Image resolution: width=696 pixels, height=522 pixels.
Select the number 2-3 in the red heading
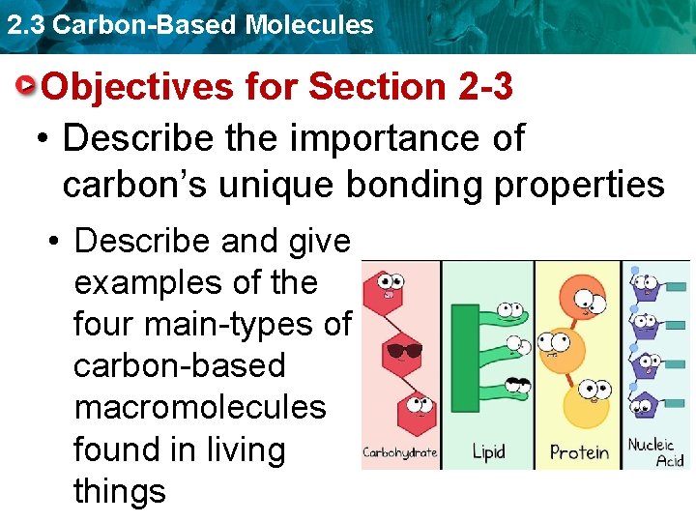coord(480,87)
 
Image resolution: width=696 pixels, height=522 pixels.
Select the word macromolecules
coord(200,407)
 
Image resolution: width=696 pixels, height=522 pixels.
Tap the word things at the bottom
coord(119,491)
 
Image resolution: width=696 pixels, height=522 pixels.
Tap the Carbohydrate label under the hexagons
coord(399,452)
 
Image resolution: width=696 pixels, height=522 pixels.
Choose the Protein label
coord(579,452)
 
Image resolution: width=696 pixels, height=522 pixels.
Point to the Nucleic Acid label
coord(656,452)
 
